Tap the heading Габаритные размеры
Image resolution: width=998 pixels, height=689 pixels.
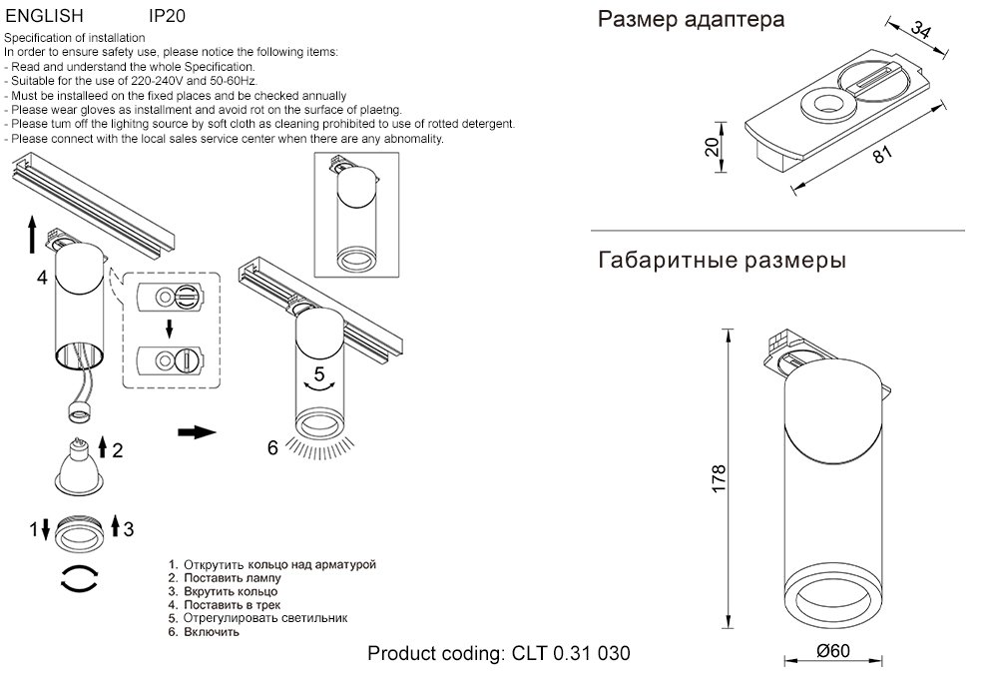(x=723, y=262)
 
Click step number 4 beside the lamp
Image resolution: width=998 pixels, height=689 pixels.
(x=42, y=279)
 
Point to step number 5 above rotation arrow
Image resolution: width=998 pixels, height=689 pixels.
(x=319, y=375)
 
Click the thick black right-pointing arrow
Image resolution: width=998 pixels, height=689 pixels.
(x=197, y=431)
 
